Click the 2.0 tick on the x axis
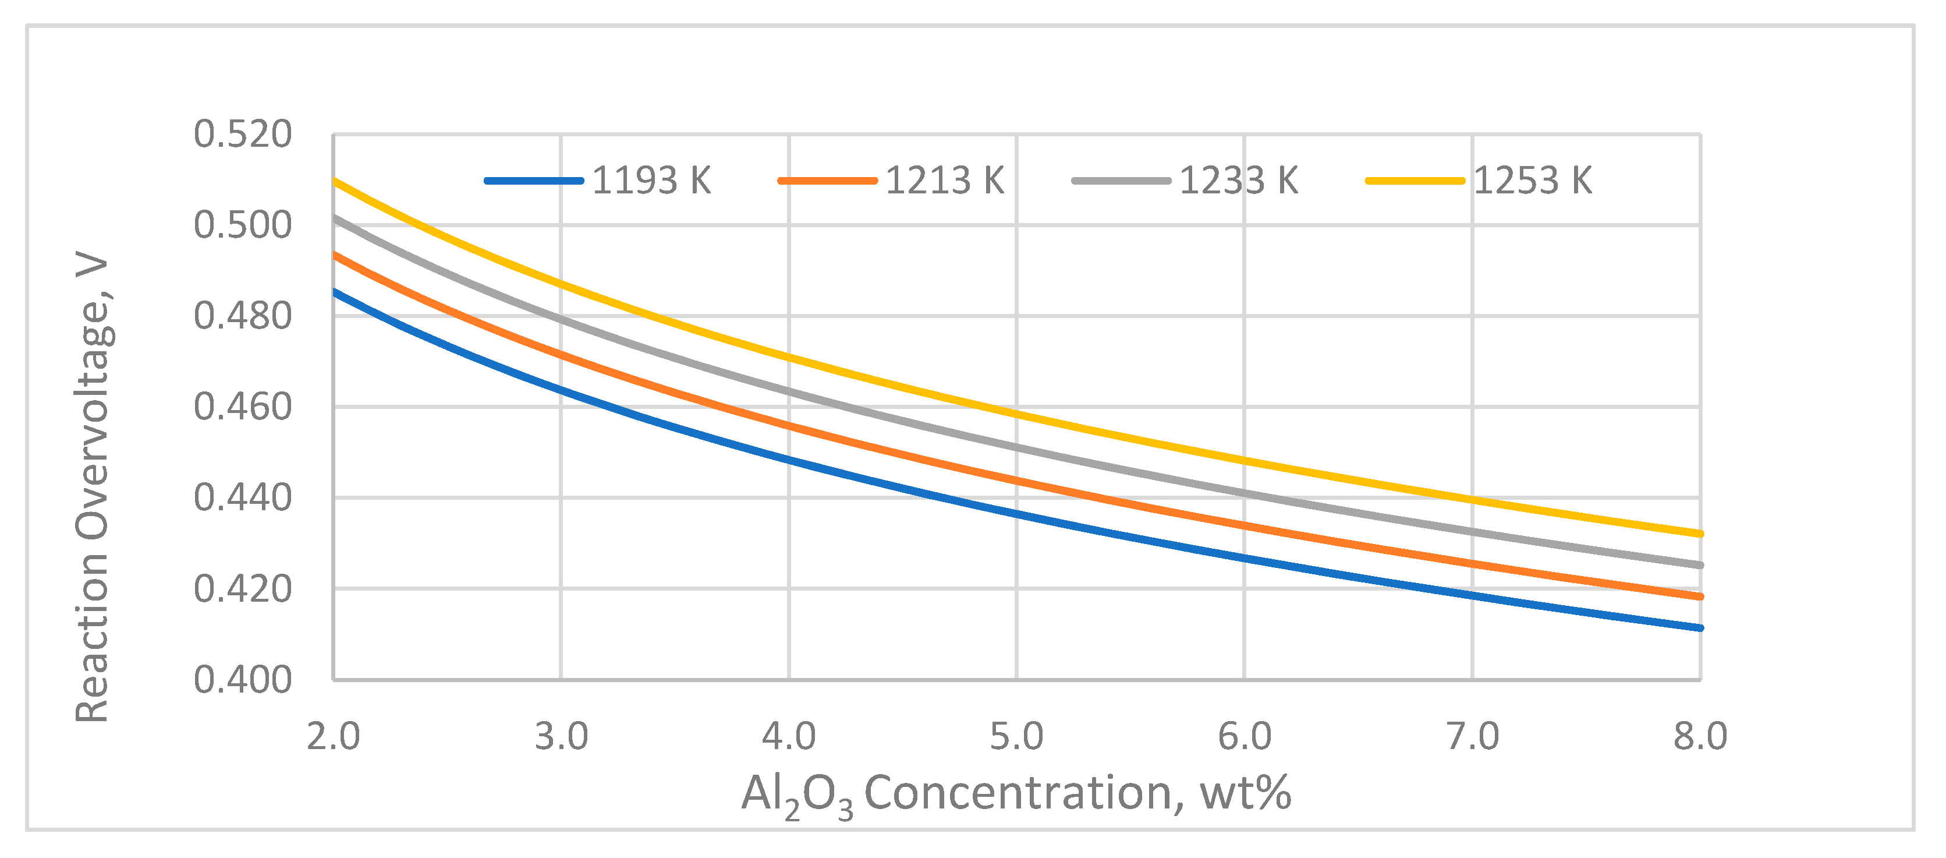tap(333, 736)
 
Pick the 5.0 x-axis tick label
tap(1017, 736)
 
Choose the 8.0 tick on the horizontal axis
tap(1700, 736)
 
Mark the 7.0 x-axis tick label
tap(1472, 736)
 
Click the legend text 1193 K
tap(651, 181)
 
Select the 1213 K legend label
tap(944, 181)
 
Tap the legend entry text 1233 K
tap(1239, 181)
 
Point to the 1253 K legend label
tap(1533, 181)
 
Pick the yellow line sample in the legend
tap(1415, 181)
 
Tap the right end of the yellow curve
tap(1700, 534)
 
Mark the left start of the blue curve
tap(335, 291)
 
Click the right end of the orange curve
tap(1700, 596)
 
